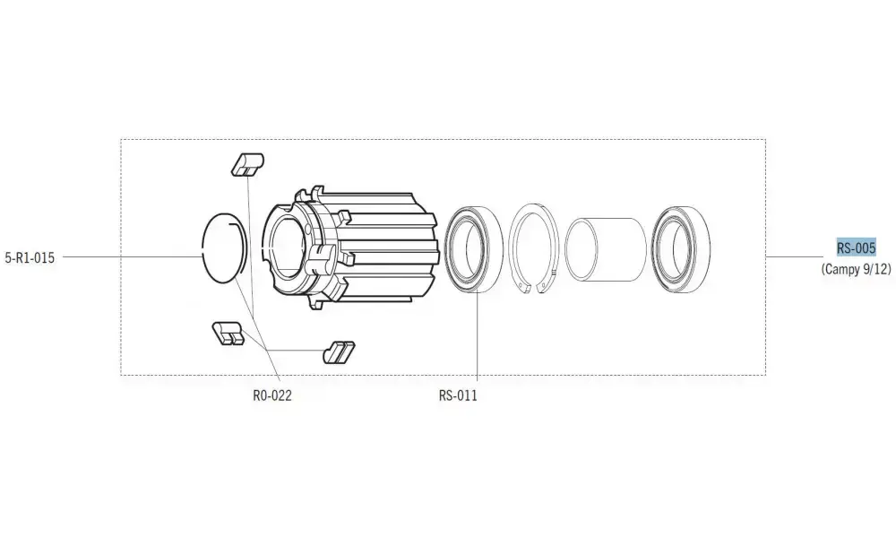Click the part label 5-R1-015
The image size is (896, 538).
tap(30, 257)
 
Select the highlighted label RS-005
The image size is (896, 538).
tap(856, 247)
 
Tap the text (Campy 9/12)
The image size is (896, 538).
tap(856, 269)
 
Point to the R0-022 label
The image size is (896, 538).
tap(272, 395)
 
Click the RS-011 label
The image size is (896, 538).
tap(458, 395)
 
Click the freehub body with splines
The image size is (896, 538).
tap(349, 247)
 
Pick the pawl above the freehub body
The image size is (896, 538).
tap(247, 163)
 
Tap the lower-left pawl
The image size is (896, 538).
tap(228, 334)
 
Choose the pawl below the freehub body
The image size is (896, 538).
tap(339, 352)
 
